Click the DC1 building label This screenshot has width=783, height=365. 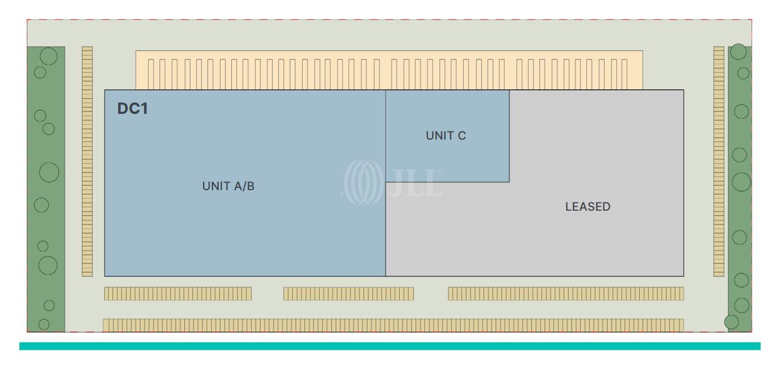click(133, 109)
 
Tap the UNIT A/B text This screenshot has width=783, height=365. click(228, 186)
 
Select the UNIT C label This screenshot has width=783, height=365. click(446, 136)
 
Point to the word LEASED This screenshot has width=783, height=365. click(588, 207)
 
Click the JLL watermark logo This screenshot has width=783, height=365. click(392, 179)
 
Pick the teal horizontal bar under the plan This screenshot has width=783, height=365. click(390, 346)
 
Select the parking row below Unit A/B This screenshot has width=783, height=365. click(178, 293)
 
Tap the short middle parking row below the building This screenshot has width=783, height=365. click(349, 293)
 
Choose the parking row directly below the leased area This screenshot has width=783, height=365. click(566, 293)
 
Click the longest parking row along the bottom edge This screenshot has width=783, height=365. click(393, 325)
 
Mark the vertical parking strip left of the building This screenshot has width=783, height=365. click(87, 161)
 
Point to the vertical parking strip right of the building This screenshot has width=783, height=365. click(719, 161)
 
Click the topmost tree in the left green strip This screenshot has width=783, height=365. click(48, 56)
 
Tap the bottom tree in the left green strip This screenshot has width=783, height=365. click(44, 324)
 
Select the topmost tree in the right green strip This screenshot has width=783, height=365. click(738, 52)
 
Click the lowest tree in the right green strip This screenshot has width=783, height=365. click(731, 322)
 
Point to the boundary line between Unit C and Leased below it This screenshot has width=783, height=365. click(447, 182)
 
